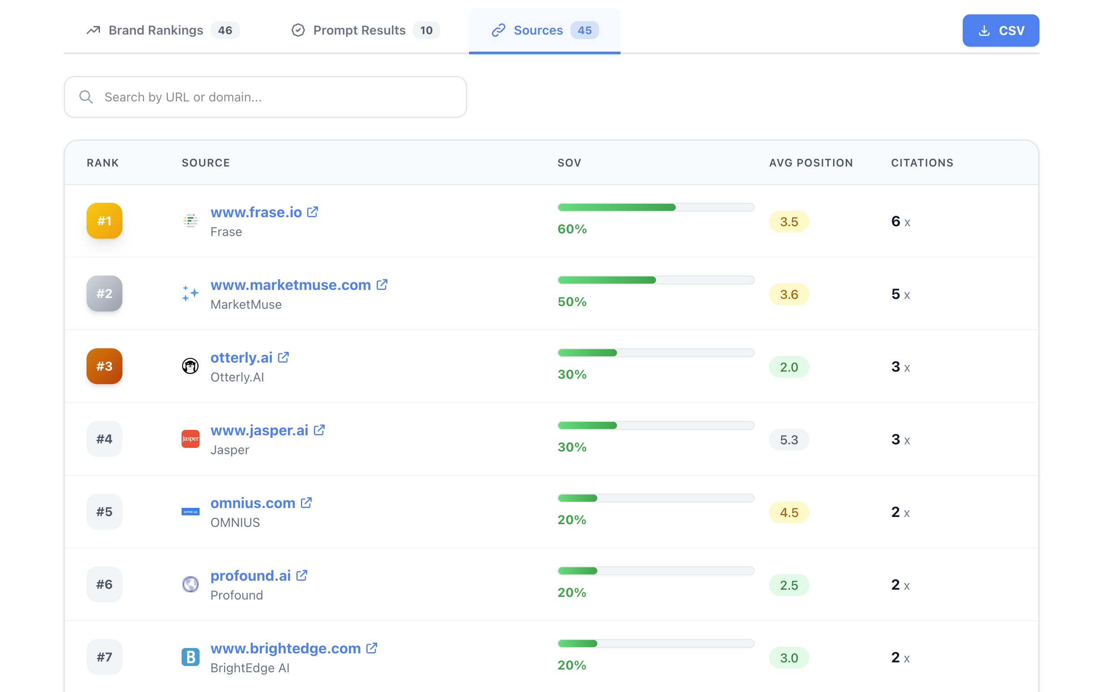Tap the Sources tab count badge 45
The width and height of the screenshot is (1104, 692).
(584, 31)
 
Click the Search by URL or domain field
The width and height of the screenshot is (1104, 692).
(265, 97)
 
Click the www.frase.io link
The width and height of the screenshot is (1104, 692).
(256, 212)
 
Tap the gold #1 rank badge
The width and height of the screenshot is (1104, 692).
(104, 221)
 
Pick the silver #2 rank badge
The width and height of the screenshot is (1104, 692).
(104, 293)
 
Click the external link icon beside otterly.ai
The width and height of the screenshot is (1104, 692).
(283, 357)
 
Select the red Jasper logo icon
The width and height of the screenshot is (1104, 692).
(190, 439)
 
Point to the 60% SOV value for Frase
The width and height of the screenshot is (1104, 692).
(572, 229)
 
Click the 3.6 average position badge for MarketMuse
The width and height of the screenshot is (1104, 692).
(788, 294)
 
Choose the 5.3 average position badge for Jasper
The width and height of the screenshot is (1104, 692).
(788, 440)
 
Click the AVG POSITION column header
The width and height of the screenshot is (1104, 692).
(810, 163)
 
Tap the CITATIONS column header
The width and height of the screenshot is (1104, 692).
(921, 163)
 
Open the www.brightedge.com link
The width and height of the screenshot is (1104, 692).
(285, 648)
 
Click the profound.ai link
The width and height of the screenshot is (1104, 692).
(250, 576)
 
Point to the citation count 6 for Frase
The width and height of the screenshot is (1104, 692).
(895, 222)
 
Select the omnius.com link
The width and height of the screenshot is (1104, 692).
(252, 503)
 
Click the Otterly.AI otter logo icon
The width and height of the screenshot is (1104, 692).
(190, 366)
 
